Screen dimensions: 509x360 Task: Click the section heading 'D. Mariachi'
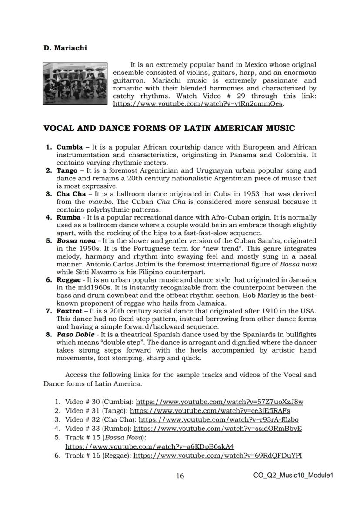tap(65, 48)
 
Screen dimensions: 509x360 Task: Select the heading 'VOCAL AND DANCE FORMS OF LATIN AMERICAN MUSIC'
tap(169, 128)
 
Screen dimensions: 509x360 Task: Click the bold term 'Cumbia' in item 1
tap(70, 147)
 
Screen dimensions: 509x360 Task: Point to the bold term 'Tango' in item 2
tap(67, 171)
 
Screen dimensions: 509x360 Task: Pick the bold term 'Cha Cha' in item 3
tap(71, 194)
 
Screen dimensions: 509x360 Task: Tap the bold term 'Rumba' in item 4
tap(68, 217)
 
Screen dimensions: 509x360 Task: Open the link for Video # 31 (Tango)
tap(210, 411)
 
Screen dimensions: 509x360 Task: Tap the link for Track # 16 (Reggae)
tap(217, 456)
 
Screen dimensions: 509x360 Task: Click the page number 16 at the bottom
tap(180, 476)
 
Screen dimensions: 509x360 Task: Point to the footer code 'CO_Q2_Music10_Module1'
tap(293, 476)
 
